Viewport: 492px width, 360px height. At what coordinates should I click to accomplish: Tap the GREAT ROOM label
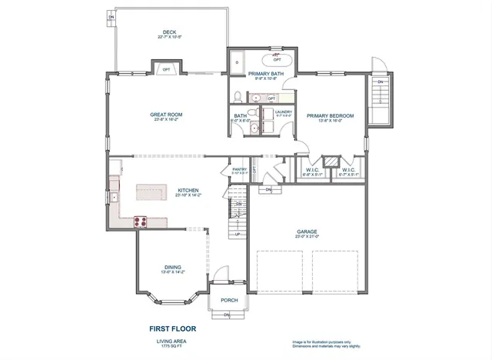point(165,115)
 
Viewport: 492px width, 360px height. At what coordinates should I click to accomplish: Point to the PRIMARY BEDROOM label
point(330,115)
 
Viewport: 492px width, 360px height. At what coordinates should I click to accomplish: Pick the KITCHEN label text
point(188,190)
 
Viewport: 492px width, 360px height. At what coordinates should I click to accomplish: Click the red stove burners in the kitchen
point(141,222)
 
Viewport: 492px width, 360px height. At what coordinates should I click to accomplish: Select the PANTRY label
point(238,171)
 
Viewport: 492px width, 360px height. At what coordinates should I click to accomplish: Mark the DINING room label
point(172,267)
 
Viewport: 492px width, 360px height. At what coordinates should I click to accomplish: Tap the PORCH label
point(229,300)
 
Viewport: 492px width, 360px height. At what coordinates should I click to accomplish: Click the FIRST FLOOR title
point(172,328)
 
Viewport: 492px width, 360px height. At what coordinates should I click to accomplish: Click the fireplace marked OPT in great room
point(167,70)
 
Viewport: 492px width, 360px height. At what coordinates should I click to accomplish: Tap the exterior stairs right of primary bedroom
point(380,95)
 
